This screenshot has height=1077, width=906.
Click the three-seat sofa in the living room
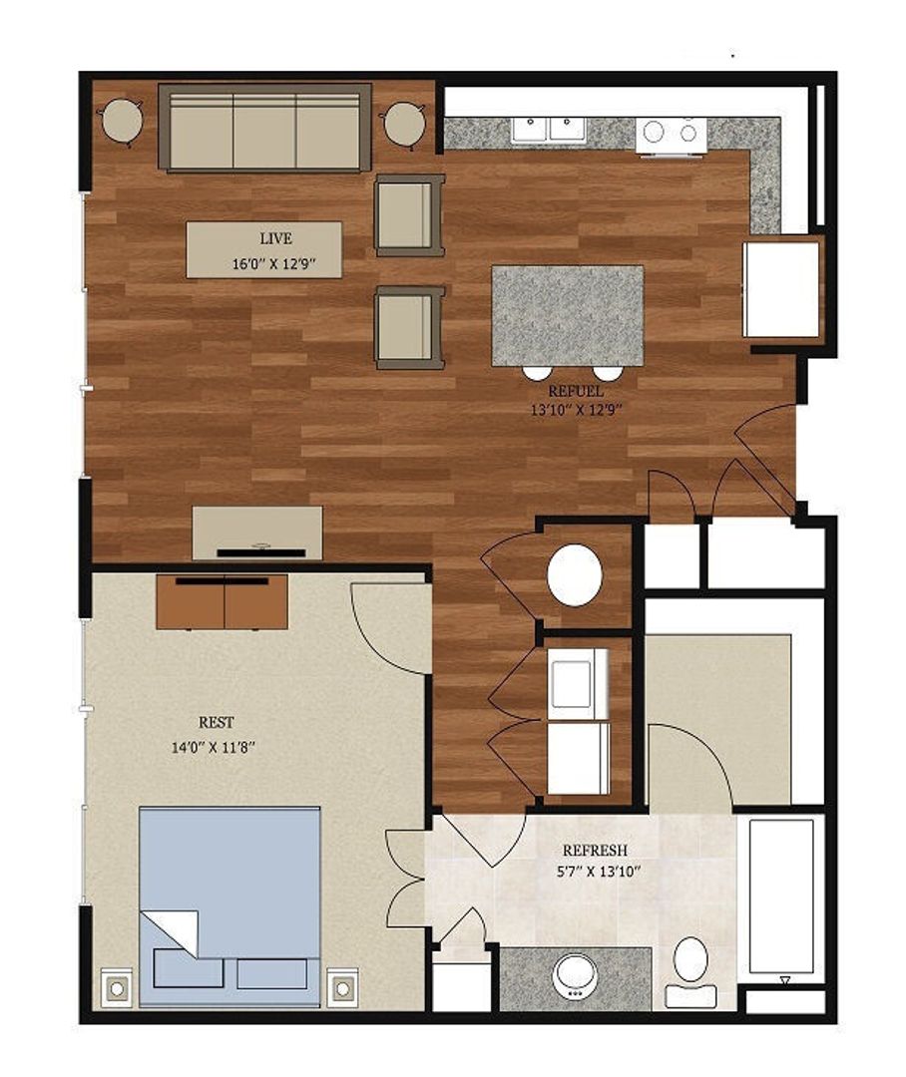point(264,128)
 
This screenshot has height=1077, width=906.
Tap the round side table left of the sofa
point(122,123)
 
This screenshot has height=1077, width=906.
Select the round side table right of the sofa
point(405,124)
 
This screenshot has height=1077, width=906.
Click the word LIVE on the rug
point(275,238)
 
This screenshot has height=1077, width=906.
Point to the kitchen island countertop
point(567,314)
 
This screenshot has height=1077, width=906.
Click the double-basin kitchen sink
point(548,130)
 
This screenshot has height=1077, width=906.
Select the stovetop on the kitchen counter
point(672,133)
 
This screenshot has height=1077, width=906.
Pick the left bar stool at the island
point(537,372)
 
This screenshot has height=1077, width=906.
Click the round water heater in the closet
point(575,573)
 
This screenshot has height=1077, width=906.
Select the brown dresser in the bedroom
point(222,602)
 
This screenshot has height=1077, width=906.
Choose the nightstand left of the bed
point(118,987)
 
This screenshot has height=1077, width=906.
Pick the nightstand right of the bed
point(342,987)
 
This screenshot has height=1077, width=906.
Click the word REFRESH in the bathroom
point(595,851)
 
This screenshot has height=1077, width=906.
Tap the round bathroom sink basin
point(575,973)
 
